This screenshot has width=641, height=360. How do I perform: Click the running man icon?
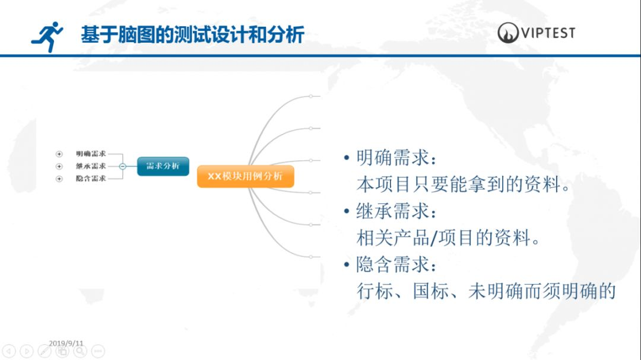tap(47, 37)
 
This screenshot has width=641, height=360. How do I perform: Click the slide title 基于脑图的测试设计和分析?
tap(192, 35)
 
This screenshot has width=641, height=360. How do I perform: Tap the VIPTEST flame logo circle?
tap(508, 33)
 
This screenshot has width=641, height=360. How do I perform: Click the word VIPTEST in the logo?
tap(548, 33)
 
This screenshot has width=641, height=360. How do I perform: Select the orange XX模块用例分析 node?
tap(245, 177)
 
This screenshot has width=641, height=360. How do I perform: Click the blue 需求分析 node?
tap(163, 166)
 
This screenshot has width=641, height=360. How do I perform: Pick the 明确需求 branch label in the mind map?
tap(91, 154)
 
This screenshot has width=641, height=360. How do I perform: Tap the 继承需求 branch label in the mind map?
tap(91, 166)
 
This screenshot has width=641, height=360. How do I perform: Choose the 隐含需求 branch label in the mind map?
tap(91, 179)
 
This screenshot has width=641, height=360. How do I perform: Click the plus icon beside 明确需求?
tap(59, 154)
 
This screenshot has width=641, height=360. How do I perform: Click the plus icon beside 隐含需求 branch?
tap(59, 179)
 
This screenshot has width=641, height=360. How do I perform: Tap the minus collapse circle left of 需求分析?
tap(122, 166)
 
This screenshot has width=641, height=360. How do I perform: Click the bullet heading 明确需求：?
tap(396, 158)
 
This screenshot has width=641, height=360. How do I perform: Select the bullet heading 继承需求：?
tap(396, 211)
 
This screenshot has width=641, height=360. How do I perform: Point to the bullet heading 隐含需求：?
tap(396, 265)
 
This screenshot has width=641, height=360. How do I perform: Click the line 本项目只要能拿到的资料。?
tap(464, 184)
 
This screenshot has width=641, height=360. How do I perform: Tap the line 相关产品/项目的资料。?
tap(448, 238)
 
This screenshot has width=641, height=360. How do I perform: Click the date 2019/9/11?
tap(66, 343)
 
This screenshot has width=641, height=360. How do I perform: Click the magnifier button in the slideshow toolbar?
tap(80, 351)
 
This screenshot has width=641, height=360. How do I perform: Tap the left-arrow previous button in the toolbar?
tap(9, 351)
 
